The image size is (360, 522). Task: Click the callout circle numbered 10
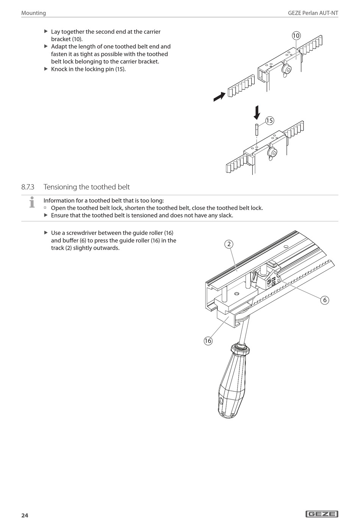pos(296,36)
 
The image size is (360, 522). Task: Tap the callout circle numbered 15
pos(269,121)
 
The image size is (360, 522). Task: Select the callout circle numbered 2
pos(229,244)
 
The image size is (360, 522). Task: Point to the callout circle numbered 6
pos(324,300)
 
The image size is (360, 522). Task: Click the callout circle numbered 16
pos(208,341)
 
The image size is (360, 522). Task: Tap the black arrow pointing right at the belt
pos(219,97)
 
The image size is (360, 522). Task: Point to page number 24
pos(25,515)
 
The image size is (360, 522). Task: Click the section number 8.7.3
pos(28,187)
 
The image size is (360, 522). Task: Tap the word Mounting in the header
pos(33,13)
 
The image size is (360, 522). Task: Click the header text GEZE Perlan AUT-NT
pos(313,13)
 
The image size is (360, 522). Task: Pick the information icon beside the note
pos(32,202)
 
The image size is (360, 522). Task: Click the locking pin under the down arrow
pos(256,130)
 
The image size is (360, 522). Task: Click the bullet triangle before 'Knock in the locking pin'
pos(46,69)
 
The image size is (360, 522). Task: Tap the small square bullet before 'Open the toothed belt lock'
pos(45,208)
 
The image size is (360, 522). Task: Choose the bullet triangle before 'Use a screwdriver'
pos(46,233)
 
